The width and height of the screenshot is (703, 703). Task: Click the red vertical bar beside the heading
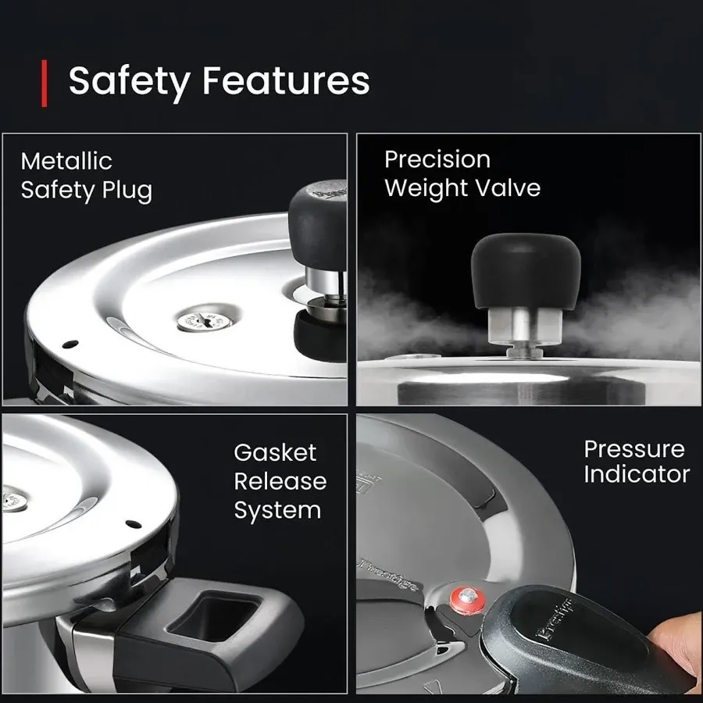(x=45, y=84)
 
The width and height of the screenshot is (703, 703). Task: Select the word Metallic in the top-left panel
(x=66, y=162)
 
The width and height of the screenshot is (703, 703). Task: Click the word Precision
(x=437, y=159)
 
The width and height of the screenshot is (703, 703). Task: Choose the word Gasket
(x=275, y=453)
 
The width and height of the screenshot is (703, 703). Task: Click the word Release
(x=280, y=481)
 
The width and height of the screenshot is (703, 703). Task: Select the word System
(x=277, y=510)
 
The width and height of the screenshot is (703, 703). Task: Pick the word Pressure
(x=634, y=449)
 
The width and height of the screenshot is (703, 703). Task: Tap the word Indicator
(x=637, y=474)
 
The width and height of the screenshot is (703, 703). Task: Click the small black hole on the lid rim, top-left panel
(x=69, y=342)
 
